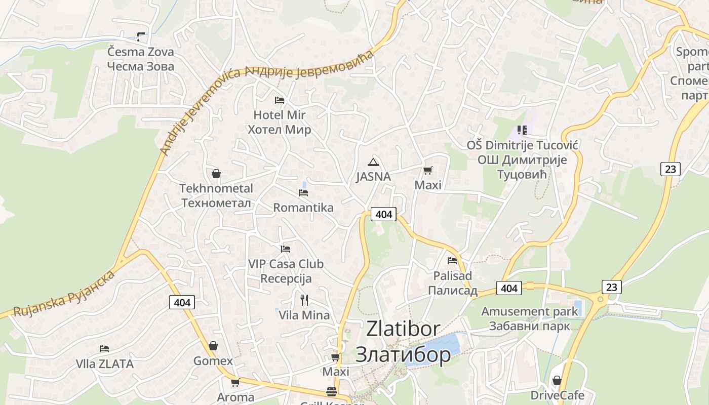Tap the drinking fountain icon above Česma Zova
coord(140,36)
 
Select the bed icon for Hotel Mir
coord(280,100)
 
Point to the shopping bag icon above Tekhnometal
coord(216,174)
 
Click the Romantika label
coord(303,208)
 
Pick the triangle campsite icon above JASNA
coord(373,162)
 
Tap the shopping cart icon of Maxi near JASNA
coord(428,170)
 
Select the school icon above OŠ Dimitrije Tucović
coord(522,130)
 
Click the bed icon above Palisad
coord(452,261)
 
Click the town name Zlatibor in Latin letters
coord(403,329)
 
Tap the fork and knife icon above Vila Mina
coord(304,300)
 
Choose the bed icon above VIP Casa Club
coord(286,249)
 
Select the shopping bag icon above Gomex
coord(213,346)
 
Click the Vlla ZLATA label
coord(104,363)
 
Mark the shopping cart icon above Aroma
coord(235,382)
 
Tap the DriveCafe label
coord(557,395)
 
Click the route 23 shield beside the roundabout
coord(612,288)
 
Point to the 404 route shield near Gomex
coord(182,303)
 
